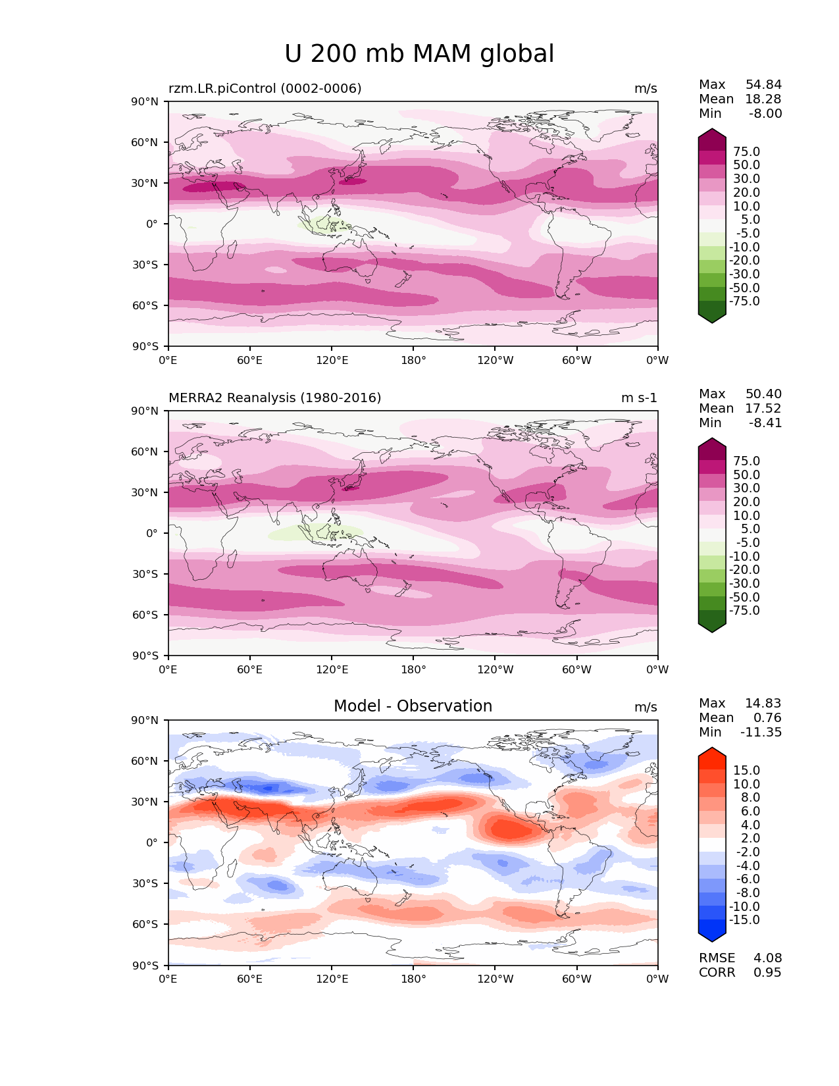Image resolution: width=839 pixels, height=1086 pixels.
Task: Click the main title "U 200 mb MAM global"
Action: [x=419, y=54]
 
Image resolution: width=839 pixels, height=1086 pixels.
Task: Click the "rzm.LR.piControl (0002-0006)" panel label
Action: [x=265, y=88]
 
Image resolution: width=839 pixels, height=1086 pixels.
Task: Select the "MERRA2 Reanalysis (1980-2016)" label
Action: [x=274, y=398]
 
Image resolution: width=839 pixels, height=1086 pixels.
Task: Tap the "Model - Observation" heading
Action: [x=413, y=706]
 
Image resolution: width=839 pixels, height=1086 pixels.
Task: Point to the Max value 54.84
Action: [x=763, y=84]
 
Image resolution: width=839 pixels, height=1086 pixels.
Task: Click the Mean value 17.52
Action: [x=763, y=408]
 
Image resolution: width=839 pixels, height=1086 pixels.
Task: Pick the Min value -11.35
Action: [x=761, y=732]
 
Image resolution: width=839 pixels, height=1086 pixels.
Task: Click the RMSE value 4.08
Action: [x=767, y=958]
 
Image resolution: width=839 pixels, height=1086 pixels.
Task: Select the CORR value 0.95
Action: [x=767, y=972]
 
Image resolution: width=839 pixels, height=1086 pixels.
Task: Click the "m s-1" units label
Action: [x=639, y=398]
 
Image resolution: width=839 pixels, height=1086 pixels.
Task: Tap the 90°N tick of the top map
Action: [x=145, y=101]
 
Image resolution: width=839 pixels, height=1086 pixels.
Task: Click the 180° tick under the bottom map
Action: [x=413, y=979]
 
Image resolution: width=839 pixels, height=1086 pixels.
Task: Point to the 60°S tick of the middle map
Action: [x=145, y=615]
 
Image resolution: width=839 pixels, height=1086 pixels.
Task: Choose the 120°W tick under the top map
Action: [x=496, y=360]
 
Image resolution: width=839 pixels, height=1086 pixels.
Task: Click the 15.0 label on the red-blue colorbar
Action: [x=746, y=770]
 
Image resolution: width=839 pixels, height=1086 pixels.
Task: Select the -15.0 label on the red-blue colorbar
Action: [x=744, y=919]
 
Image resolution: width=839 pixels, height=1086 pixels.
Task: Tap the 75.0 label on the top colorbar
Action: [x=746, y=151]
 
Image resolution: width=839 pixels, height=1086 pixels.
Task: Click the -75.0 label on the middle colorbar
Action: [x=744, y=610]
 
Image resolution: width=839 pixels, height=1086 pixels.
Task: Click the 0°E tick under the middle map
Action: [x=168, y=669]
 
